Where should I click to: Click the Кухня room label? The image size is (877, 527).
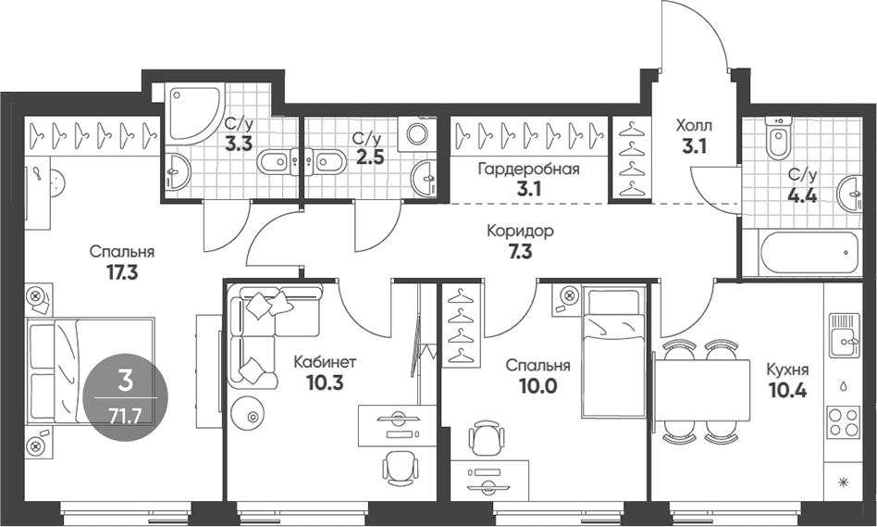[x=787, y=370]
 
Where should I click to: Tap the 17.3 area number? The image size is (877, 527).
[x=122, y=272]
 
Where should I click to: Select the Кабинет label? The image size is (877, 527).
[x=325, y=362]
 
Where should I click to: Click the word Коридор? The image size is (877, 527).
[x=520, y=231]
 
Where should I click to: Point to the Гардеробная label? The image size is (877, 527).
[x=528, y=169]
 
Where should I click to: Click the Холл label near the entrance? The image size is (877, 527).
[x=694, y=124]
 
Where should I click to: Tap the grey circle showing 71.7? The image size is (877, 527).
[x=125, y=397]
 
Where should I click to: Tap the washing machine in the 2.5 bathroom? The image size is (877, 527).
[x=416, y=133]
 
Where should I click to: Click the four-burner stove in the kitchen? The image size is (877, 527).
[x=844, y=422]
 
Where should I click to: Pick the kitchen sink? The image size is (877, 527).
[x=844, y=335]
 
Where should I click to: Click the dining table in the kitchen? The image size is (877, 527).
[x=702, y=390]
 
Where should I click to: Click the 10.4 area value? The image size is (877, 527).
[x=787, y=390]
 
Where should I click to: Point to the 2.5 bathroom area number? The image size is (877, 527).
[x=370, y=157]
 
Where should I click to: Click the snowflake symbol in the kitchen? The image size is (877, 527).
[x=844, y=481]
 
